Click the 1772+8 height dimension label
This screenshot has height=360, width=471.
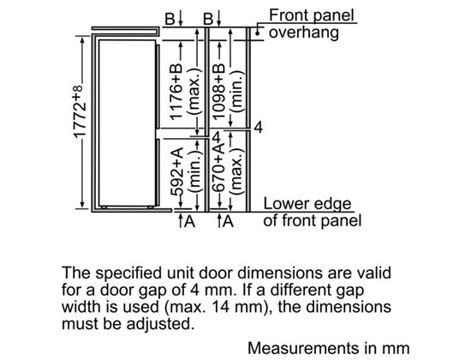(79, 111)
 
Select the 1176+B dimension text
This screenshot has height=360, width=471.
(176, 91)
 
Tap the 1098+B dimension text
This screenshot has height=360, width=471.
(218, 91)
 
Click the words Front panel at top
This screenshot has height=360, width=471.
(312, 15)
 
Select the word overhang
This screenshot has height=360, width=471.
(304, 33)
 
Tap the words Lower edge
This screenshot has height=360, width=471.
(307, 204)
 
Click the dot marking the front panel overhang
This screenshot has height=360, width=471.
(258, 33)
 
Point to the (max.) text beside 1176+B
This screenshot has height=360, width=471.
(194, 92)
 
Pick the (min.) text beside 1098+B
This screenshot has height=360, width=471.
(236, 92)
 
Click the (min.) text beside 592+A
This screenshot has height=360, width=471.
(194, 172)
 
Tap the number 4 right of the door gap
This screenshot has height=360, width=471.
(259, 127)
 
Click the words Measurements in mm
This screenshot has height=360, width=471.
(329, 348)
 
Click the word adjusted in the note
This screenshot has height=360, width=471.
(158, 325)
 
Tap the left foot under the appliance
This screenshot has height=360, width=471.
(104, 207)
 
